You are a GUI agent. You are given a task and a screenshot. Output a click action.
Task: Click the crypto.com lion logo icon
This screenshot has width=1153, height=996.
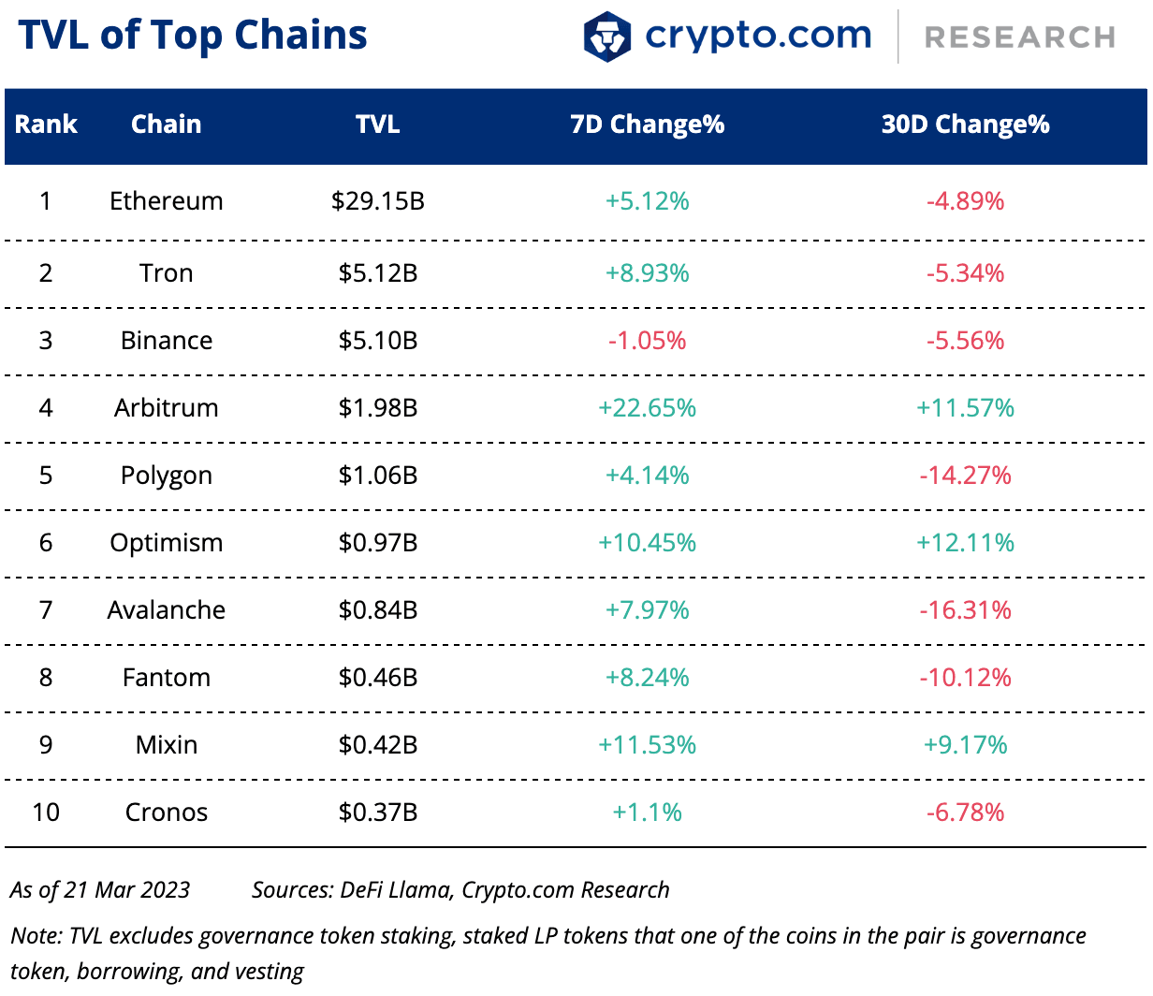pyautogui.click(x=606, y=37)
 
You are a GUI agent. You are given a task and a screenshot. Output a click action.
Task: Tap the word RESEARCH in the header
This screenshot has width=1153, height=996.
pyautogui.click(x=1020, y=37)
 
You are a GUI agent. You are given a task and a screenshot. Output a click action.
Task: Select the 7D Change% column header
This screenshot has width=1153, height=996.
pyautogui.click(x=648, y=124)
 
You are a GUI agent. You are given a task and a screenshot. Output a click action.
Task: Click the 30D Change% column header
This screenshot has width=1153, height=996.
pyautogui.click(x=965, y=124)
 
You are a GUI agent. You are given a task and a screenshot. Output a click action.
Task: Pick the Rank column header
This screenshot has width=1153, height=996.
pyautogui.click(x=46, y=124)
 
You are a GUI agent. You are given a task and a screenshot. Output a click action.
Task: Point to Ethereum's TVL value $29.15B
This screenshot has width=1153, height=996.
pyautogui.click(x=378, y=201)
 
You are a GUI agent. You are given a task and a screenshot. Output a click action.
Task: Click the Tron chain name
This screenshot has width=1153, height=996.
pyautogui.click(x=167, y=273)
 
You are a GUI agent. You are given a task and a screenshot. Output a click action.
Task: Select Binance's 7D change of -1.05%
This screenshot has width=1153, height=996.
pyautogui.click(x=648, y=341)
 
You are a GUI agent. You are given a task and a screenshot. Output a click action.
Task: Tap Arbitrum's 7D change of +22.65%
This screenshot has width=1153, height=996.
pyautogui.click(x=648, y=408)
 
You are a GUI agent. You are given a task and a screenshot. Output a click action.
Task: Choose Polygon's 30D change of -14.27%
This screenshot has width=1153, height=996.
pyautogui.click(x=965, y=476)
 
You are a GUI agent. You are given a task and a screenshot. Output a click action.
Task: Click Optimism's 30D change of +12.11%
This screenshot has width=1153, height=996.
pyautogui.click(x=965, y=543)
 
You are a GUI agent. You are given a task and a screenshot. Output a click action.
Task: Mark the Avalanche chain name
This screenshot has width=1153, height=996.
pyautogui.click(x=167, y=610)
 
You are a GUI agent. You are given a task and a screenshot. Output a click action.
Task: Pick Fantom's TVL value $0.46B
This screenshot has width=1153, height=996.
pyautogui.click(x=378, y=678)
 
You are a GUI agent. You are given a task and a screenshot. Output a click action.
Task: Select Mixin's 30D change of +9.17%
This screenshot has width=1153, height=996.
pyautogui.click(x=965, y=745)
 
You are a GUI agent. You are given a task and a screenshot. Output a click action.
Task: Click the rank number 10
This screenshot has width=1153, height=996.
pyautogui.click(x=46, y=813)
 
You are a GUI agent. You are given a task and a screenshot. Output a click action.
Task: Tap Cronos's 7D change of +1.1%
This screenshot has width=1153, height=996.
pyautogui.click(x=648, y=813)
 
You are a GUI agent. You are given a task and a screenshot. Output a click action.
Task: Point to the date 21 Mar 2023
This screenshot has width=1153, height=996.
pyautogui.click(x=126, y=889)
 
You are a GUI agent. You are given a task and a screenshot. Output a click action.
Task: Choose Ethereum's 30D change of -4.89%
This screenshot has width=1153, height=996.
pyautogui.click(x=965, y=201)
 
